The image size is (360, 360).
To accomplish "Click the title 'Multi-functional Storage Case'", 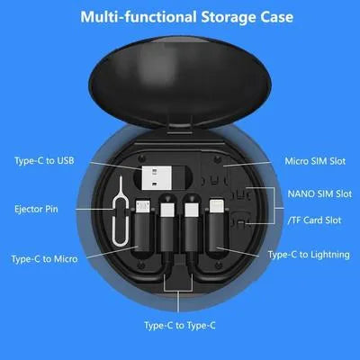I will tap(179, 17).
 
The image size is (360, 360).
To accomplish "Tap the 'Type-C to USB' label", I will tap(44, 161).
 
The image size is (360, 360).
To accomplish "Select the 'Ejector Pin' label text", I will tap(37, 209).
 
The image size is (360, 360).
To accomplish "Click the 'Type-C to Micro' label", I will tap(45, 258).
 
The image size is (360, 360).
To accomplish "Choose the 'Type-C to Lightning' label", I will tap(309, 255).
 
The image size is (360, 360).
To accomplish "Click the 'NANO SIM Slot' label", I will tap(319, 193).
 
